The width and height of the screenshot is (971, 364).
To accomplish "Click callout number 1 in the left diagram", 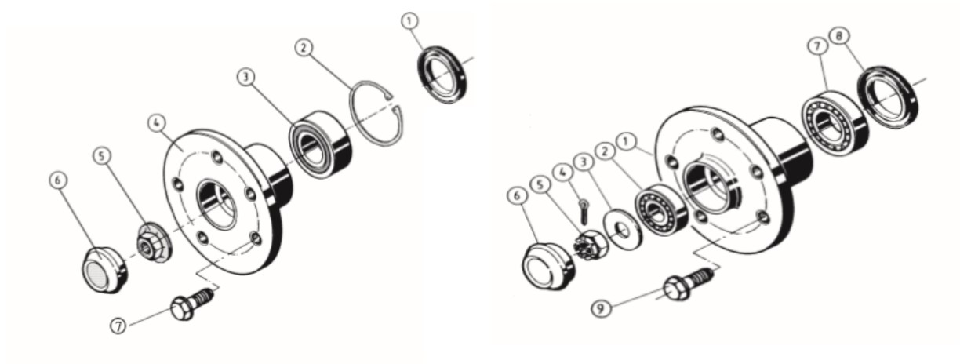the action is pyautogui.click(x=410, y=21).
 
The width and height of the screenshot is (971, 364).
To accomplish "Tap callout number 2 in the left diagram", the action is pyautogui.click(x=304, y=47).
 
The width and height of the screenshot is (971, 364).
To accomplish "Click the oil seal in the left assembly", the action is pyautogui.click(x=442, y=75).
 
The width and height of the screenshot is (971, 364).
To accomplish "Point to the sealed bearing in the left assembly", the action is pyautogui.click(x=320, y=144).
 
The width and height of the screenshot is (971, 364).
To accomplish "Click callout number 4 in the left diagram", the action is pyautogui.click(x=157, y=122).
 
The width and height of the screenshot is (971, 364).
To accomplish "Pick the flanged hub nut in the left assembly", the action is pyautogui.click(x=155, y=243).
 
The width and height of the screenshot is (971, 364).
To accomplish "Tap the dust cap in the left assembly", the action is pyautogui.click(x=105, y=270).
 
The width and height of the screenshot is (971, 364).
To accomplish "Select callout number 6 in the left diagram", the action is pyautogui.click(x=58, y=180).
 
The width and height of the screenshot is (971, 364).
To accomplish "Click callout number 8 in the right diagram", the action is pyautogui.click(x=839, y=36).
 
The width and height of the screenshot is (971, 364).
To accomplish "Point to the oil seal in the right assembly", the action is pyautogui.click(x=888, y=97).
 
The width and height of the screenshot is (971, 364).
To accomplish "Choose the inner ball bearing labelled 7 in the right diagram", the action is pyautogui.click(x=835, y=123).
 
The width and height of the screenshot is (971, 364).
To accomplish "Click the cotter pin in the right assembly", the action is pyautogui.click(x=584, y=212).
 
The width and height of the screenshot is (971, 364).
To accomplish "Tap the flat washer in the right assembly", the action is pyautogui.click(x=622, y=230).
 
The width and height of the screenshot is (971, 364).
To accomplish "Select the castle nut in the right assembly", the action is pyautogui.click(x=591, y=246).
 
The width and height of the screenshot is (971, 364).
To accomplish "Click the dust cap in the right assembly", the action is pyautogui.click(x=549, y=266).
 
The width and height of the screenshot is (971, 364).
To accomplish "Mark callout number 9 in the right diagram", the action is pyautogui.click(x=601, y=308).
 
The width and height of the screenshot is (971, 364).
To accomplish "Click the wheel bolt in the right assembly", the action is pyautogui.click(x=688, y=284).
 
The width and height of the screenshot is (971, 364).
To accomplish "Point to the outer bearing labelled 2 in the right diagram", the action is pyautogui.click(x=661, y=209).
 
